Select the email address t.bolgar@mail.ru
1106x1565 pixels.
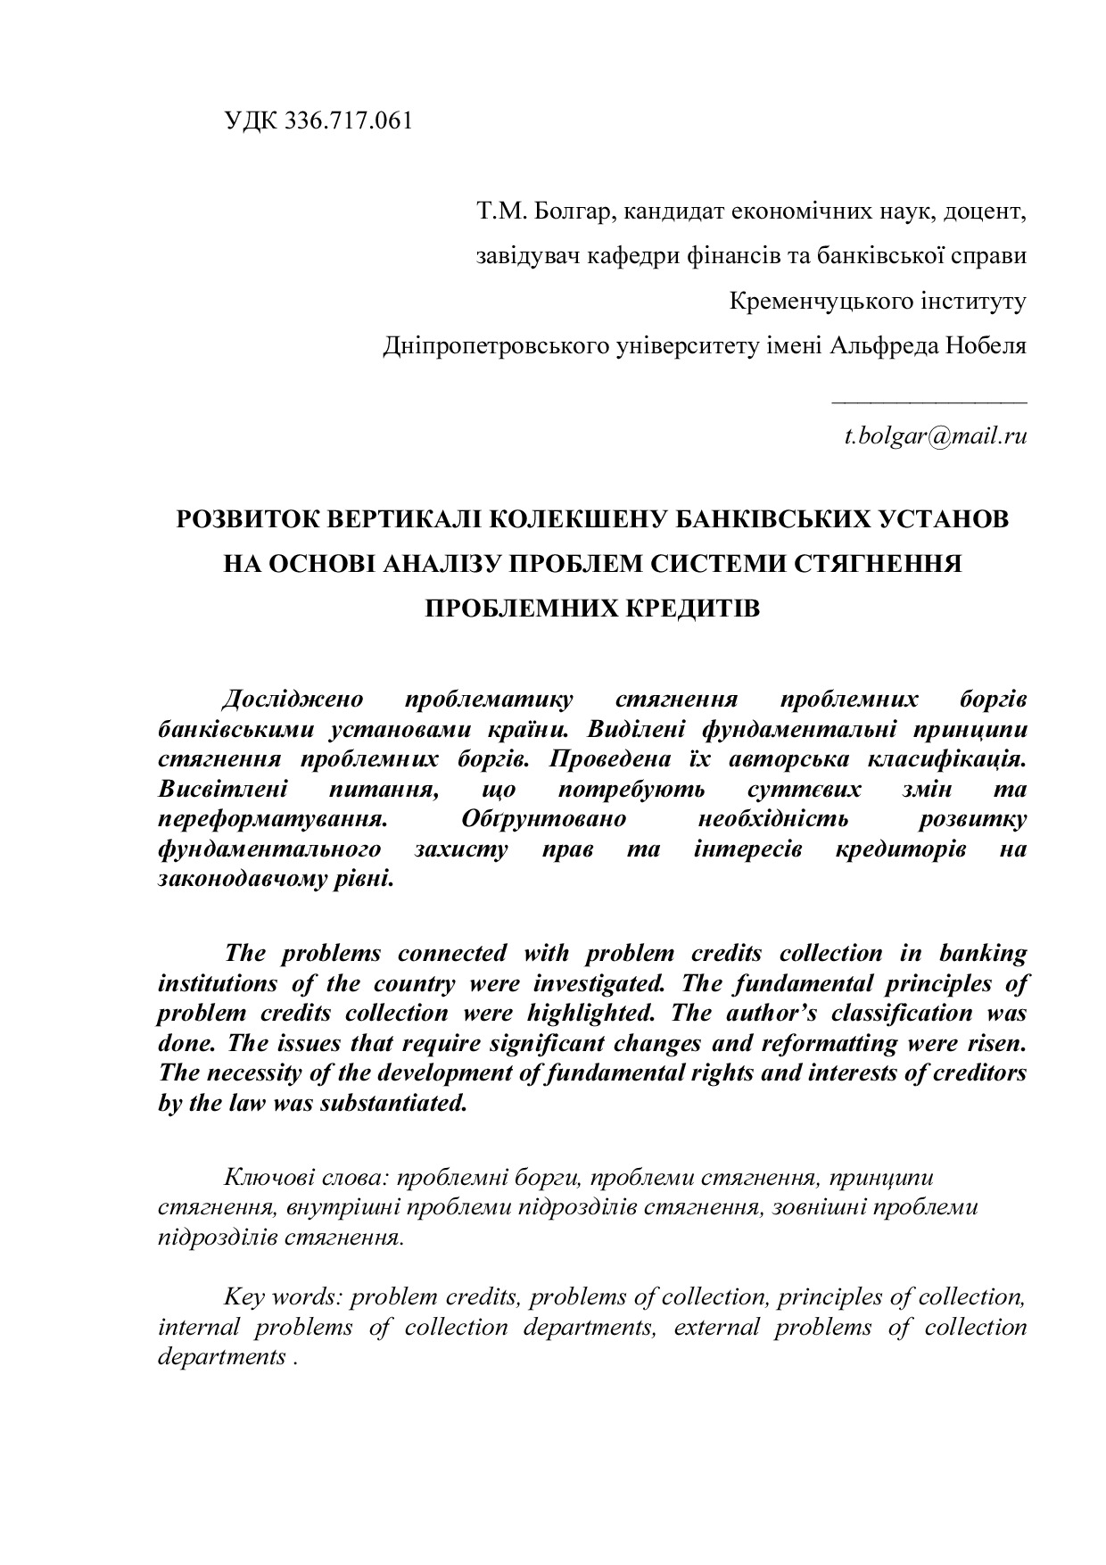[936, 436]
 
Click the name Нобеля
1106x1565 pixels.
[986, 344]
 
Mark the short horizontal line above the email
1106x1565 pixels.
[929, 403]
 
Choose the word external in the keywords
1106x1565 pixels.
[716, 1327]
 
